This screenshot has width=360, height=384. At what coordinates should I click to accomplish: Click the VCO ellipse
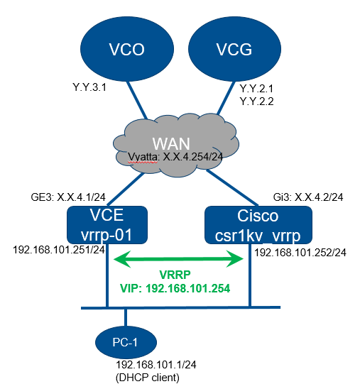tap(127, 49)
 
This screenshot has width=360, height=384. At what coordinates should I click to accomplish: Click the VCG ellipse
tap(234, 49)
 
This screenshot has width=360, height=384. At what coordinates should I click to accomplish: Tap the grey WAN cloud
tap(176, 145)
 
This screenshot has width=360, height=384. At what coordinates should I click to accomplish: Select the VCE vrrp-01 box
tap(107, 225)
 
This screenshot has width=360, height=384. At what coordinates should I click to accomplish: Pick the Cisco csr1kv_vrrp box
tap(258, 225)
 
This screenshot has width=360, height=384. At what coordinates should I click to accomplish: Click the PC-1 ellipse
tap(126, 342)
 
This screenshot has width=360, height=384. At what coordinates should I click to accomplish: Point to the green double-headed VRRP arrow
tap(178, 259)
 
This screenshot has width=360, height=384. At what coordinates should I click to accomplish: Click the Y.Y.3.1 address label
tap(89, 87)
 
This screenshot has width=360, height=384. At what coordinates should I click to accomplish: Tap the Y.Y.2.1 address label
tap(256, 89)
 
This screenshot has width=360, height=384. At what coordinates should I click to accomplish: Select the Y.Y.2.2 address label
tap(256, 101)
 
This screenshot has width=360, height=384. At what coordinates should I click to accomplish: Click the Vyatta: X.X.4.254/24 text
tap(175, 157)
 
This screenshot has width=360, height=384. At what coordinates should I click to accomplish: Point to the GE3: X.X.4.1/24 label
tap(68, 197)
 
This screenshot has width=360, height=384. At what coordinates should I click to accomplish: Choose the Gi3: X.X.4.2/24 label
tap(308, 197)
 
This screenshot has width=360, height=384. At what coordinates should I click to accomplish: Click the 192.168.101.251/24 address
tap(59, 250)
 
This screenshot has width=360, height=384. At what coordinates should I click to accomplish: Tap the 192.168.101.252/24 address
tap(300, 253)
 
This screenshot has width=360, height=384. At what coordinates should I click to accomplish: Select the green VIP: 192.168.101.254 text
tap(175, 288)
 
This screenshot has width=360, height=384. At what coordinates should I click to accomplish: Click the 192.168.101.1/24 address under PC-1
tap(156, 365)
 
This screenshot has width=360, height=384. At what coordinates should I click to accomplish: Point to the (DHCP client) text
tap(147, 378)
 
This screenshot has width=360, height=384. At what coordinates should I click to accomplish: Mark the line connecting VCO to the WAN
tap(137, 100)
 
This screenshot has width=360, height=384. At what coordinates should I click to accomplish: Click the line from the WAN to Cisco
tap(232, 187)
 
